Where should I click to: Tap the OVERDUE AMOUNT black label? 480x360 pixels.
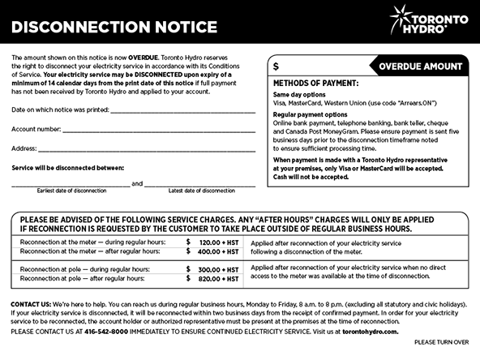click(x=419, y=66)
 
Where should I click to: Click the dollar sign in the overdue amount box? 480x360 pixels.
click(x=276, y=66)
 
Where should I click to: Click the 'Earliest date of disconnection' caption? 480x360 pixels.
click(x=71, y=191)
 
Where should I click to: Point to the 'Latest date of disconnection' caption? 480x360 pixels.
click(x=201, y=191)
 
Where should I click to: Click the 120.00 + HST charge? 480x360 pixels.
click(x=219, y=242)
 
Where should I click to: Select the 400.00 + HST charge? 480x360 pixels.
click(x=219, y=251)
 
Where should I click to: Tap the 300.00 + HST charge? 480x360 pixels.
click(x=219, y=268)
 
